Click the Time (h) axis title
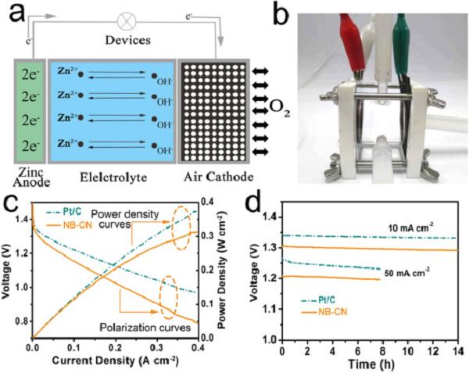click(365, 364)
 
